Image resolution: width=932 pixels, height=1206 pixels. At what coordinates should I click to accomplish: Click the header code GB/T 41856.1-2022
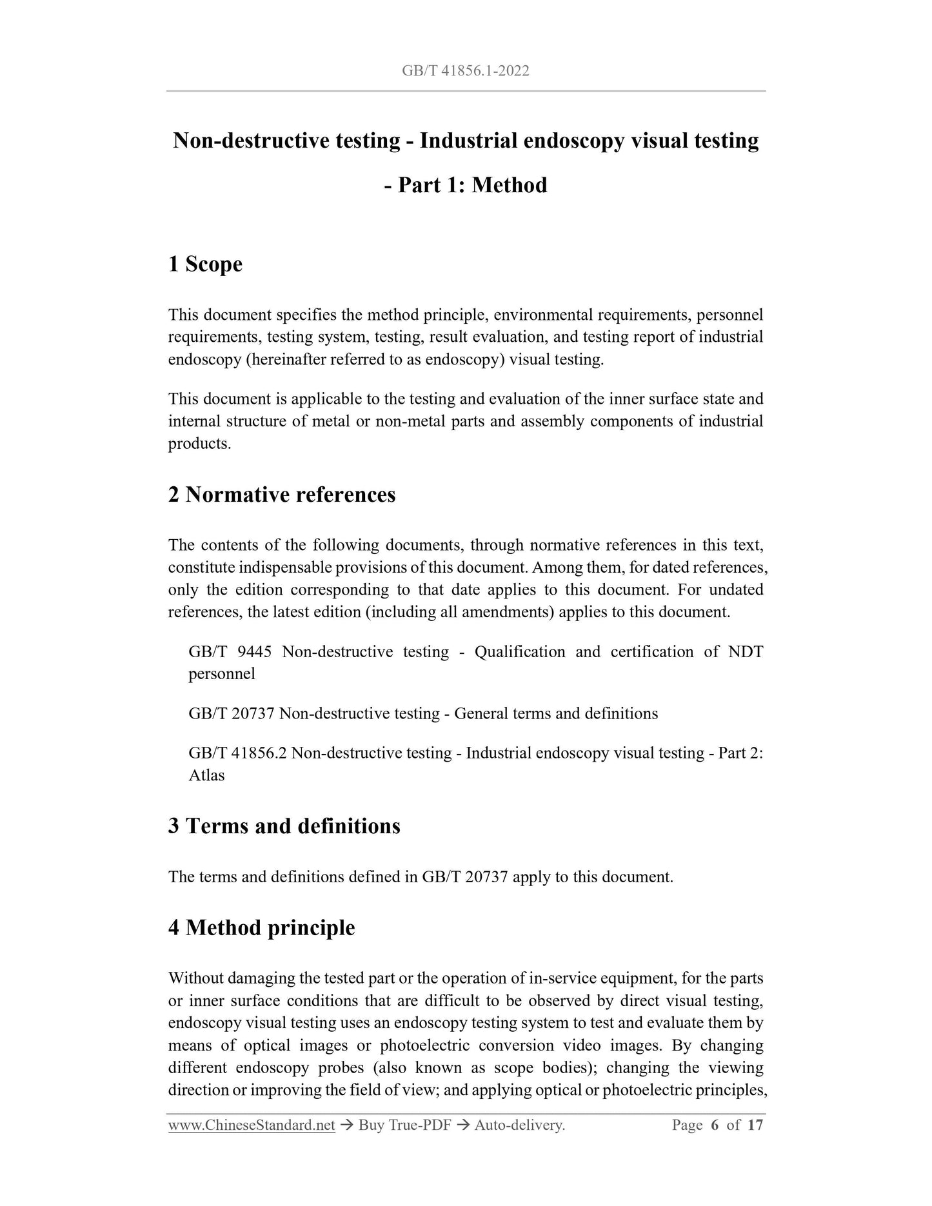coord(465,71)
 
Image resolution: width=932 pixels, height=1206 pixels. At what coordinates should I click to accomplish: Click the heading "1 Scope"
coord(205,264)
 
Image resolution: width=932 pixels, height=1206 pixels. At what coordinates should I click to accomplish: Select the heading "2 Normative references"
coord(282,495)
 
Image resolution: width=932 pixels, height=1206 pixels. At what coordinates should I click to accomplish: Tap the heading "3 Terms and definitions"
coord(284,826)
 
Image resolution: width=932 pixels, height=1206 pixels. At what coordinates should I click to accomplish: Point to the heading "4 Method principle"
coord(261,928)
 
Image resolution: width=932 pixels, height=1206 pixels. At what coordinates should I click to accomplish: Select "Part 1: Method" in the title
coord(473,185)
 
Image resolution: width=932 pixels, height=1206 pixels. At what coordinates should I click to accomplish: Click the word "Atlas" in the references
coord(206,775)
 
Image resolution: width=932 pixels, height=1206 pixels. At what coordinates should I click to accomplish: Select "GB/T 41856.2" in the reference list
coord(237,753)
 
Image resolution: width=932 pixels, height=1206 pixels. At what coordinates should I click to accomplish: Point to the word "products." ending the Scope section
coord(199,444)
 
